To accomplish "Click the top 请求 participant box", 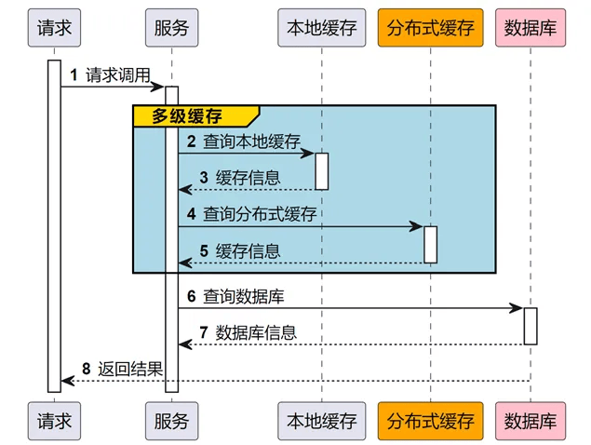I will coord(54,28).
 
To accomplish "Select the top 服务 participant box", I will coord(172,28).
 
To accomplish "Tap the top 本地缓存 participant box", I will coord(322,28).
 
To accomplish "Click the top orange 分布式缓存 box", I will coord(431,28).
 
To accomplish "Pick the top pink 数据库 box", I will coord(531,28).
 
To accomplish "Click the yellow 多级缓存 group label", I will coord(192,115).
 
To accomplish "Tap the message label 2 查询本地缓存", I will coord(243,142).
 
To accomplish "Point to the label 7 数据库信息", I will coord(248,332).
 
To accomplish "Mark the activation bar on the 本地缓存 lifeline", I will coord(322,171).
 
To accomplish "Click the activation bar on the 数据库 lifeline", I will coord(531,326).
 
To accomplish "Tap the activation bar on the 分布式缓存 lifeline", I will coord(431,244).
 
